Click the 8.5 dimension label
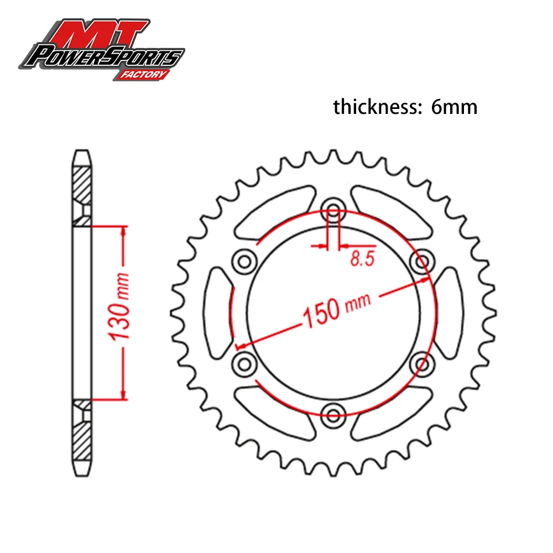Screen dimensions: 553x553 (x=362, y=258)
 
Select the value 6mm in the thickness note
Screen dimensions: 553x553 (x=454, y=107)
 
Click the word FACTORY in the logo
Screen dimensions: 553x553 (x=143, y=75)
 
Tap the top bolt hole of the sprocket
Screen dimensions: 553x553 (x=333, y=208)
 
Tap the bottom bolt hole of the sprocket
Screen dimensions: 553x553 (x=333, y=415)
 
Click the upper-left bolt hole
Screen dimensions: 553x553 (x=244, y=262)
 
